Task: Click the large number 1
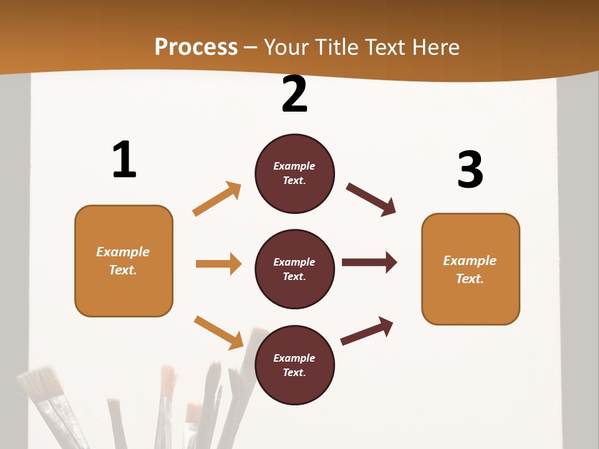pyautogui.click(x=124, y=160)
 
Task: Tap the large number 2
pyautogui.click(x=295, y=94)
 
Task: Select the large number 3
pyautogui.click(x=470, y=170)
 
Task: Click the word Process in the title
pyautogui.click(x=196, y=47)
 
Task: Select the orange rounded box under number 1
pyautogui.click(x=124, y=261)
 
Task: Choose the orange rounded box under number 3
pyautogui.click(x=470, y=269)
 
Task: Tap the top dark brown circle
pyautogui.click(x=295, y=173)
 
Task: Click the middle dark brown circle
pyautogui.click(x=295, y=269)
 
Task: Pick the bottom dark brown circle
pyautogui.click(x=295, y=365)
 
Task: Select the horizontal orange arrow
pyautogui.click(x=218, y=264)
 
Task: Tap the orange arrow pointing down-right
pyautogui.click(x=218, y=332)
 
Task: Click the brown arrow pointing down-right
pyautogui.click(x=371, y=200)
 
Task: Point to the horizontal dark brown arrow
pyautogui.click(x=369, y=262)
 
